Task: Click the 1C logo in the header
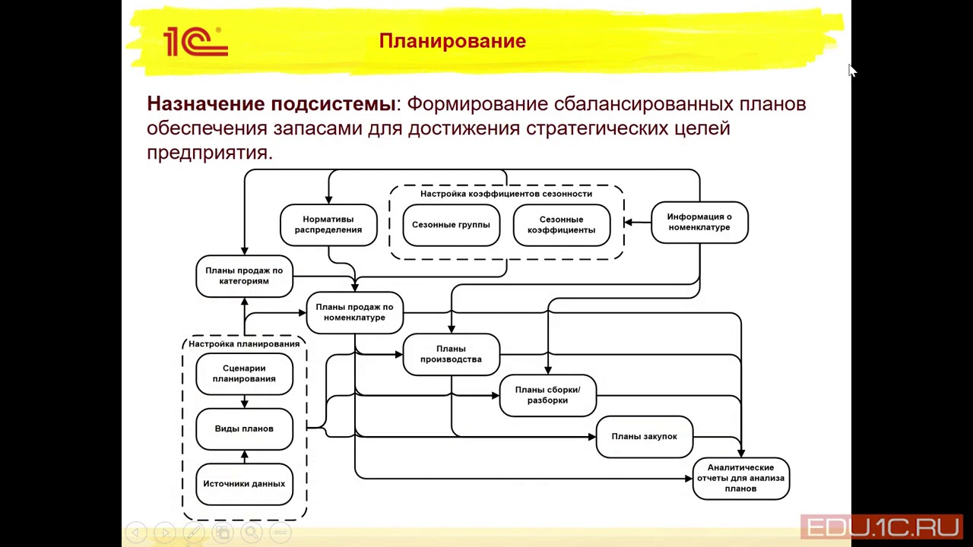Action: pos(195,42)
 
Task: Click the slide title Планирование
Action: pos(452,41)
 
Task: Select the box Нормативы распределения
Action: pos(328,225)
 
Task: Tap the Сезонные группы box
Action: pos(451,225)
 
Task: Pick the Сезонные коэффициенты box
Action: pos(561,225)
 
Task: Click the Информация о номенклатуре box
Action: pos(699,222)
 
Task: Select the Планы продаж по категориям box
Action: pos(244,276)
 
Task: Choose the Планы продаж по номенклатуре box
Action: pos(354,312)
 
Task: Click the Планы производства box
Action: pos(451,354)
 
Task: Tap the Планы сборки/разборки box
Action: pos(547,395)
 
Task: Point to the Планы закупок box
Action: pos(644,437)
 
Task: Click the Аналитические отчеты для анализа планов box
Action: pos(740,478)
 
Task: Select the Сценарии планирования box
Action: pos(244,374)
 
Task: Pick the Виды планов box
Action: pos(244,428)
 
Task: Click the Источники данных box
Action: pos(244,484)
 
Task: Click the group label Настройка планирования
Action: pos(244,344)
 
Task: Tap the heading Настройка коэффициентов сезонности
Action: pos(506,194)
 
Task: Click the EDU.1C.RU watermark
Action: pos(882,527)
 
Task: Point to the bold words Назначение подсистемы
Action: pos(271,104)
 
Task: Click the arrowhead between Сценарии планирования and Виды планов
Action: pos(244,403)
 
